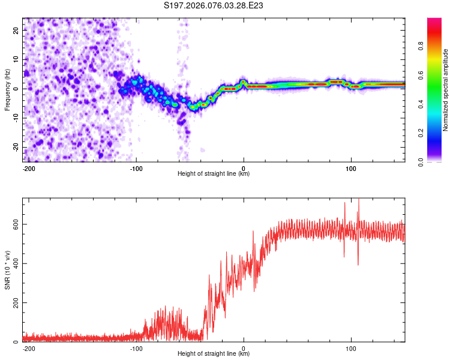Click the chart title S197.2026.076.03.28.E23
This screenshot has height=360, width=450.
[214, 6]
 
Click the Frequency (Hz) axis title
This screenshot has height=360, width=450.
[7, 89]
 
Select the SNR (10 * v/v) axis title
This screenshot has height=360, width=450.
[7, 270]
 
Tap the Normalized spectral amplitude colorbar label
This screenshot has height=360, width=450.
[445, 90]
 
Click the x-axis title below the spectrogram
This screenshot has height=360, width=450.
[214, 174]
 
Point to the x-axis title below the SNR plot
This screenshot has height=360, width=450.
[214, 354]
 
